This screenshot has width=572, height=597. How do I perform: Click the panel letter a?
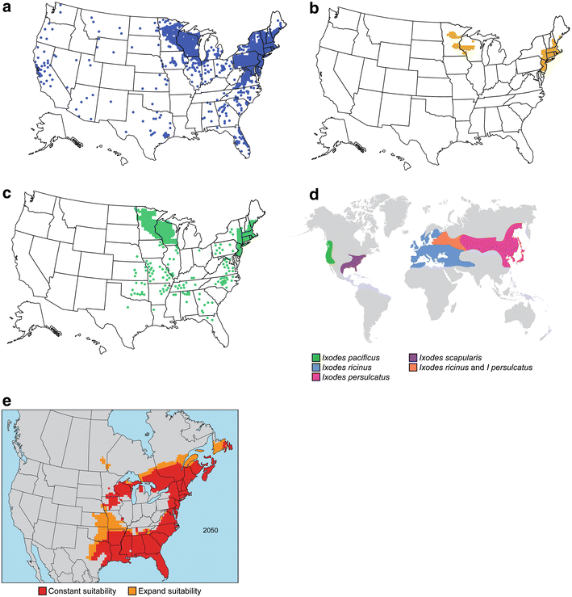click(6, 8)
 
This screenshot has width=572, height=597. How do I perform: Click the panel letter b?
click(314, 8)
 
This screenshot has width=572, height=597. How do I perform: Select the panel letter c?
click(6, 194)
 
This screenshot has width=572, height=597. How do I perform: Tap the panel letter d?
click(314, 194)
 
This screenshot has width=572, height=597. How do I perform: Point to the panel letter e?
click(6, 402)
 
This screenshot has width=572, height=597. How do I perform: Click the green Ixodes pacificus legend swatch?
click(315, 358)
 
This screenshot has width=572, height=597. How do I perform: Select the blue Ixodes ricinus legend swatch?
click(315, 368)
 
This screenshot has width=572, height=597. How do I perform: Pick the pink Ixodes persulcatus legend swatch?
click(315, 377)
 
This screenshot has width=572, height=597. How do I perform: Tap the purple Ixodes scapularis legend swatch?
click(412, 358)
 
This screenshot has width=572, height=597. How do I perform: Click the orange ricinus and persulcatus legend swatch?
click(412, 368)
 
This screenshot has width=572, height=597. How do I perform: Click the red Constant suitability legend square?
click(43, 591)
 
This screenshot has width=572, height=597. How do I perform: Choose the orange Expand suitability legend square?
click(132, 591)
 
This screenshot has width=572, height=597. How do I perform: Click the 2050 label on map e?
click(211, 531)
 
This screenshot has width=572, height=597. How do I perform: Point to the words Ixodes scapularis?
click(450, 358)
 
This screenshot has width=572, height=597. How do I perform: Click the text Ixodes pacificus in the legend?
click(351, 358)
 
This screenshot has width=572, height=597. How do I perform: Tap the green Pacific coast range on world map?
click(329, 252)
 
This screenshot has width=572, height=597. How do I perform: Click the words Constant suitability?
click(82, 591)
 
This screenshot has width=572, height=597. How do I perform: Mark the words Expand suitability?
click(169, 591)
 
